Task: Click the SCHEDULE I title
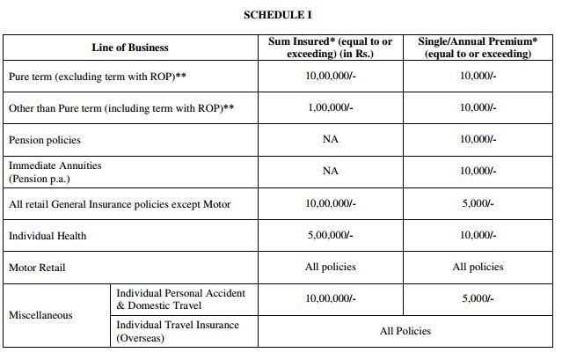[x=278, y=15]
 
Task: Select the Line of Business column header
[x=129, y=48]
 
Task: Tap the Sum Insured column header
[x=330, y=48]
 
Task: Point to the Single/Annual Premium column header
[x=478, y=48]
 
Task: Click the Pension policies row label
[x=45, y=140]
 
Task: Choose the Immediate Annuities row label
[x=55, y=172]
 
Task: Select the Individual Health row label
[x=47, y=236]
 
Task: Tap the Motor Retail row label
[x=37, y=267]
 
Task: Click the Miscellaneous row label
[x=40, y=314]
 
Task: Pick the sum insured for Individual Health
[x=330, y=236]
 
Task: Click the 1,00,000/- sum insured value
[x=330, y=108]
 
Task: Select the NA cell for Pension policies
[x=330, y=140]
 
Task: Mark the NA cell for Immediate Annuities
[x=330, y=172]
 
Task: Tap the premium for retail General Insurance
[x=478, y=204]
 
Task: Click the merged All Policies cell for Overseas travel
[x=405, y=331]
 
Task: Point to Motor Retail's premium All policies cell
[x=478, y=267]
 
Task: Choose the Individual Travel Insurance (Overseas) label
[x=178, y=331]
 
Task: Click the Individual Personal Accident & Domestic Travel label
[x=180, y=299]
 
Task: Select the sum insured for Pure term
[x=330, y=77]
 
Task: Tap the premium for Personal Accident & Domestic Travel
[x=478, y=299]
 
